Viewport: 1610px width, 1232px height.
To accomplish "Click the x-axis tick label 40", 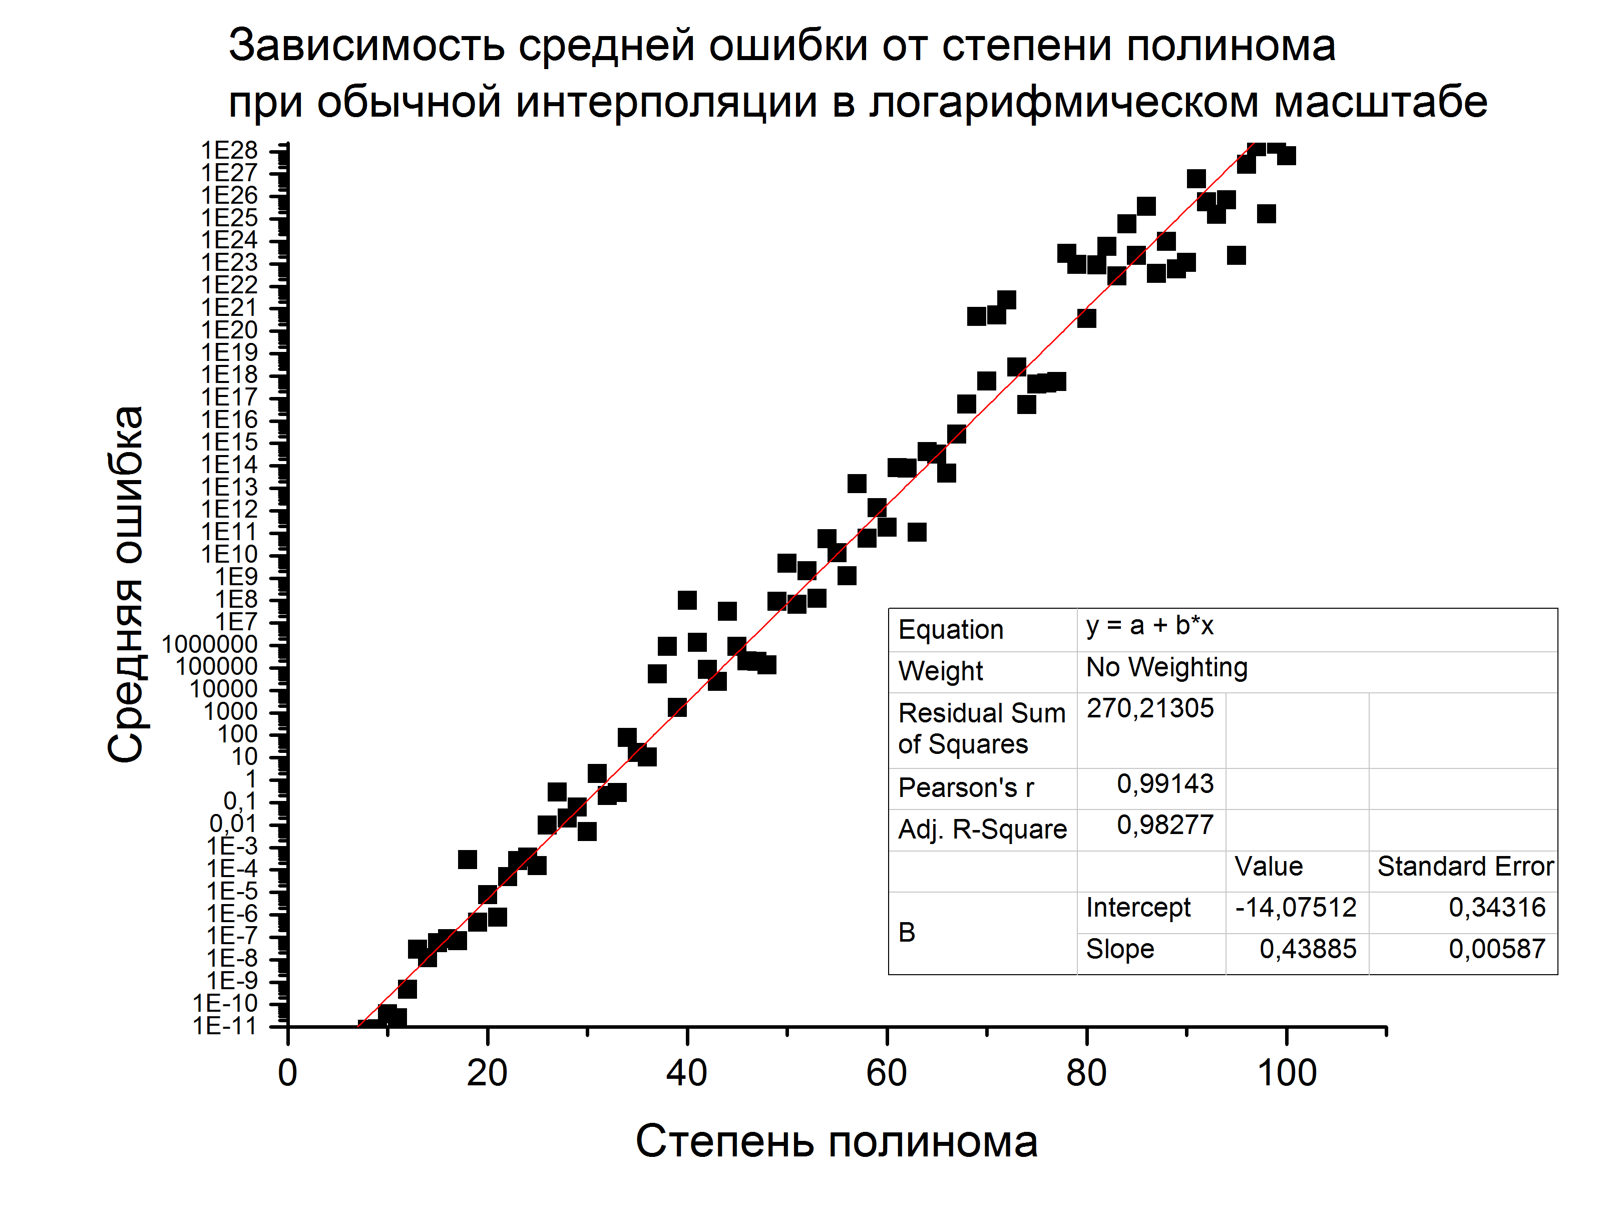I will tap(686, 1074).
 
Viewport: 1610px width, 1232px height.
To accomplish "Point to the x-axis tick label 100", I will tap(1287, 1074).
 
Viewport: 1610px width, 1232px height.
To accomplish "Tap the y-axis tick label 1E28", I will tap(229, 150).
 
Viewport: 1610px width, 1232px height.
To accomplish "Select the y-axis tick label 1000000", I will tap(210, 645).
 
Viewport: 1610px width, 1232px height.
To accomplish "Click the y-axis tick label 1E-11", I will tap(225, 1025).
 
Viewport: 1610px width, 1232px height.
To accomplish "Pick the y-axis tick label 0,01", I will tap(233, 824).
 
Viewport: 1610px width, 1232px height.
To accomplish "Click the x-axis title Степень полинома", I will tap(836, 1142).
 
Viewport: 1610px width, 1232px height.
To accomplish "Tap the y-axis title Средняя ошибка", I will tap(126, 585).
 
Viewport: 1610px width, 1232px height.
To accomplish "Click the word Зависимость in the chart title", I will tap(366, 46).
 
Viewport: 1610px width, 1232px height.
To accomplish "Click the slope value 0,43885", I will tap(1307, 949).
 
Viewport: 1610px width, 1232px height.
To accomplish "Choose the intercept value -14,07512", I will tap(1296, 908).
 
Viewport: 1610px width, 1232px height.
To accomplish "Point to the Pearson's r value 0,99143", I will tap(1165, 784).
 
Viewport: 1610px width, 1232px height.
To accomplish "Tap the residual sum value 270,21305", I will tap(1149, 708).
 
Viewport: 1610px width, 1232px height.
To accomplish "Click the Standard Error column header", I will tap(1465, 867).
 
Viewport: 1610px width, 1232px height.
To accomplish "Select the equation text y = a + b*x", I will tap(1149, 626).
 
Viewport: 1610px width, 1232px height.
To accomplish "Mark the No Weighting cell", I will tap(1166, 667).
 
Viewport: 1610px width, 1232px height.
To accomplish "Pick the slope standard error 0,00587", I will tap(1496, 949).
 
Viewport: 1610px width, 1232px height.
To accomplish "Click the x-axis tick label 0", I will tap(287, 1074).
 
